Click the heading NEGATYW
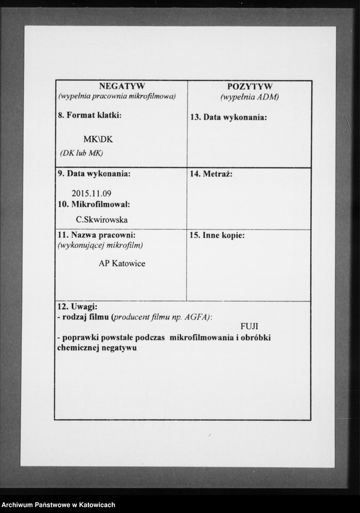[x=121, y=86]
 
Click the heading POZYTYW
[x=250, y=87]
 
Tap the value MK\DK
[x=98, y=139]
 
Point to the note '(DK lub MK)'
[x=82, y=153]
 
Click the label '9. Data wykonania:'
[x=94, y=173]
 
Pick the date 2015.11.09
[x=92, y=194]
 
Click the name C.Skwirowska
[x=102, y=219]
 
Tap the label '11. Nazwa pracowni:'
[x=96, y=235]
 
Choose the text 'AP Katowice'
[x=122, y=263]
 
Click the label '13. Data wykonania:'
[x=229, y=117]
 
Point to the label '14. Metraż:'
[x=211, y=174]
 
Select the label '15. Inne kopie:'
[x=217, y=235]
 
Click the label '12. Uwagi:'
[x=77, y=306]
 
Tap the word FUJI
[x=250, y=326]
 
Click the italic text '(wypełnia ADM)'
[x=250, y=97]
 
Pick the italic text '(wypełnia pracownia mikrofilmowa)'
[x=117, y=96]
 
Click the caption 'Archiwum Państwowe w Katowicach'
[x=59, y=504]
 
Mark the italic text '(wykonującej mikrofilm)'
[x=100, y=246]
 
